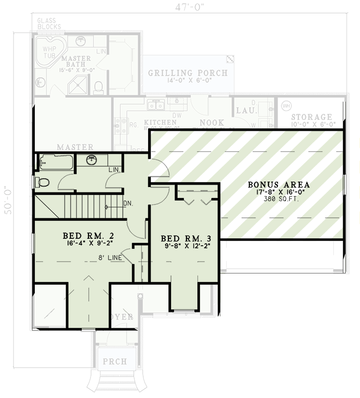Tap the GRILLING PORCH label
(187, 73)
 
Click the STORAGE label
(311, 117)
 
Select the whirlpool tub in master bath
(51, 50)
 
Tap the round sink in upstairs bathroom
(91, 160)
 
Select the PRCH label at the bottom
(115, 362)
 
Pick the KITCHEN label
(160, 122)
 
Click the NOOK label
(212, 122)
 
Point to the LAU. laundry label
(245, 110)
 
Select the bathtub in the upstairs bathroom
(56, 162)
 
